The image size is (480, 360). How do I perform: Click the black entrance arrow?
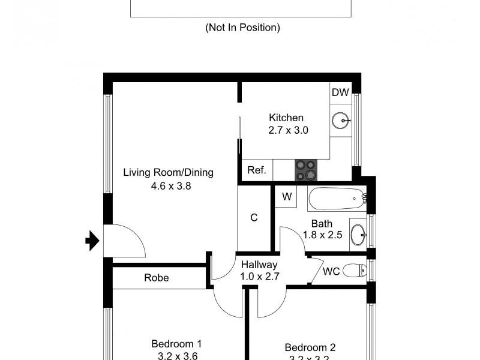91,241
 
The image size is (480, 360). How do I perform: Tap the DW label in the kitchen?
340,92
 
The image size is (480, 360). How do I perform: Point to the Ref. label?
257,170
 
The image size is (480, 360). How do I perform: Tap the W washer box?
287,196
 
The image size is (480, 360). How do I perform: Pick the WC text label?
331,271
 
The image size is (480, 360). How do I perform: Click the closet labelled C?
254,218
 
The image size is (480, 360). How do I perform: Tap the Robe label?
156,278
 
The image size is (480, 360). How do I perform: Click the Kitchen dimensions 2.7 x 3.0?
288,130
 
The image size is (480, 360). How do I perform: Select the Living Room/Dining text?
168,173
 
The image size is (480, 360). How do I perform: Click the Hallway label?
259,265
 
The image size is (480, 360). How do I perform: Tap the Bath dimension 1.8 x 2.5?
322,236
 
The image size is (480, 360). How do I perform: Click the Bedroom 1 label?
176,344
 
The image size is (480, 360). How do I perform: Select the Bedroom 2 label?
310,347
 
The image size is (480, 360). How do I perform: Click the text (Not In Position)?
242,28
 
